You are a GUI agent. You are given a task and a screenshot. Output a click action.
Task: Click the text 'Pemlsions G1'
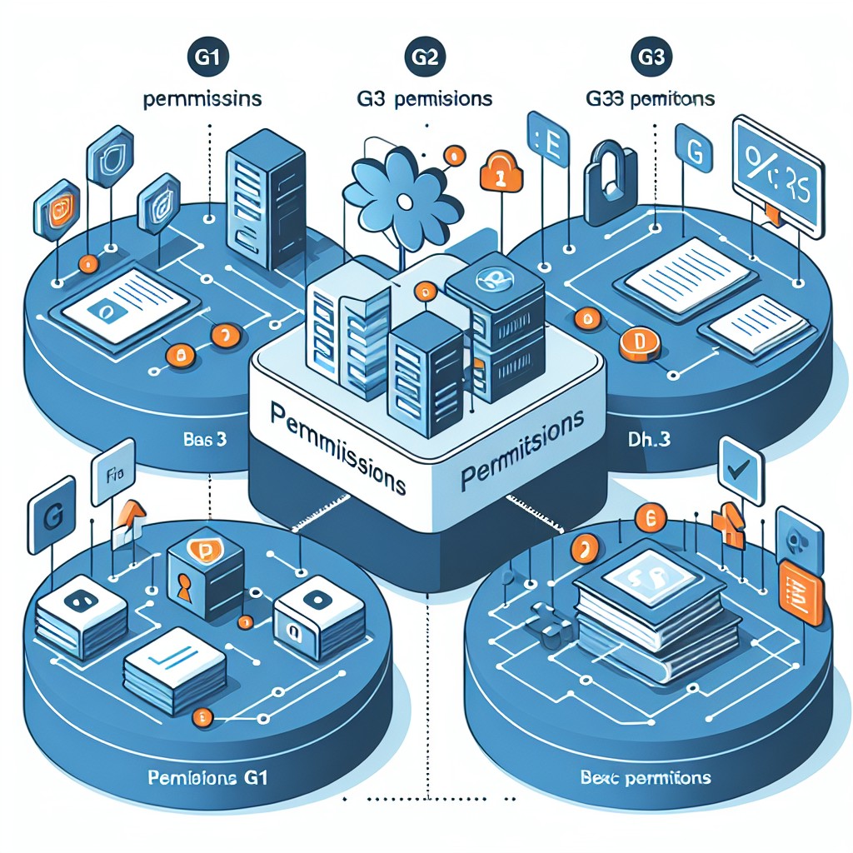(x=212, y=781)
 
